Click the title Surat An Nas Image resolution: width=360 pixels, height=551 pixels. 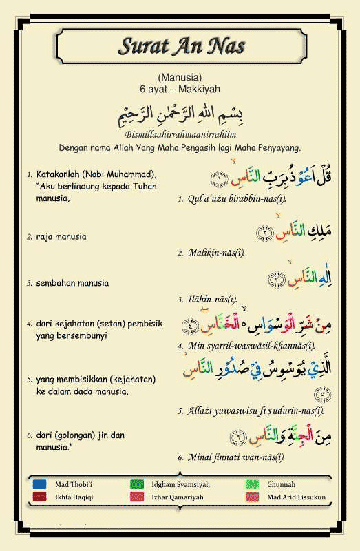point(181,48)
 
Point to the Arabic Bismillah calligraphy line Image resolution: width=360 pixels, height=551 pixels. point(180,112)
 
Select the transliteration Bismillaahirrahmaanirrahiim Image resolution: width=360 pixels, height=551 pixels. point(181,134)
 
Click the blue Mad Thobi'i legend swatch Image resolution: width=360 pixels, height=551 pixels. point(39,484)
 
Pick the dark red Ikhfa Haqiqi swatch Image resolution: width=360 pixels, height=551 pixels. point(39,497)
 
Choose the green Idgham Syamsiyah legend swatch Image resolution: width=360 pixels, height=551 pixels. point(136,484)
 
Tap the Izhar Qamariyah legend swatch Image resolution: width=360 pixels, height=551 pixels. point(136,497)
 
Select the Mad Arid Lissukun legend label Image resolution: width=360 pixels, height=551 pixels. point(296,497)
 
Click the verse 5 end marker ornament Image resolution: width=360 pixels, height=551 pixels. point(319,394)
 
